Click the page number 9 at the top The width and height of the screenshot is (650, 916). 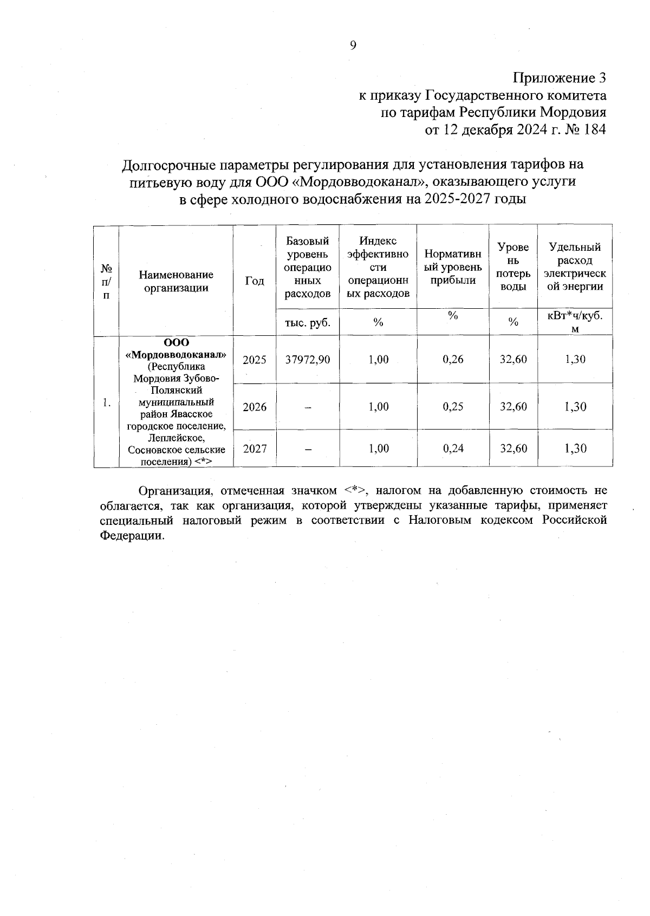point(353,46)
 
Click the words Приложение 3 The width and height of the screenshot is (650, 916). point(558,78)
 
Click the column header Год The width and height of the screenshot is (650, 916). point(255,281)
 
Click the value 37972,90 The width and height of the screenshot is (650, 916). point(308,360)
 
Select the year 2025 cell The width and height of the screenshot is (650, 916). point(255,360)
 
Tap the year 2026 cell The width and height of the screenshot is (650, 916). point(255,407)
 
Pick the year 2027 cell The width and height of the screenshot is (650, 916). point(255,449)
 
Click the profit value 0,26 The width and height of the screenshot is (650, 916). point(453,360)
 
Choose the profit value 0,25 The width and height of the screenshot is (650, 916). point(453,407)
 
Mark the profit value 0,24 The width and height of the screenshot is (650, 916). point(453,449)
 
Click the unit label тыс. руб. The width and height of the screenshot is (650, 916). point(308,323)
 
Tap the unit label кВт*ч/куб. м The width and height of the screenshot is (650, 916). point(575,322)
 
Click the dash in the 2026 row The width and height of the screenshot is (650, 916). point(308,408)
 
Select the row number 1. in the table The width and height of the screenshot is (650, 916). point(107,402)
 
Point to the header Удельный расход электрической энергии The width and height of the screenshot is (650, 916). point(575,267)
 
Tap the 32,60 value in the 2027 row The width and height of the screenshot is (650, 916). point(513,449)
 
